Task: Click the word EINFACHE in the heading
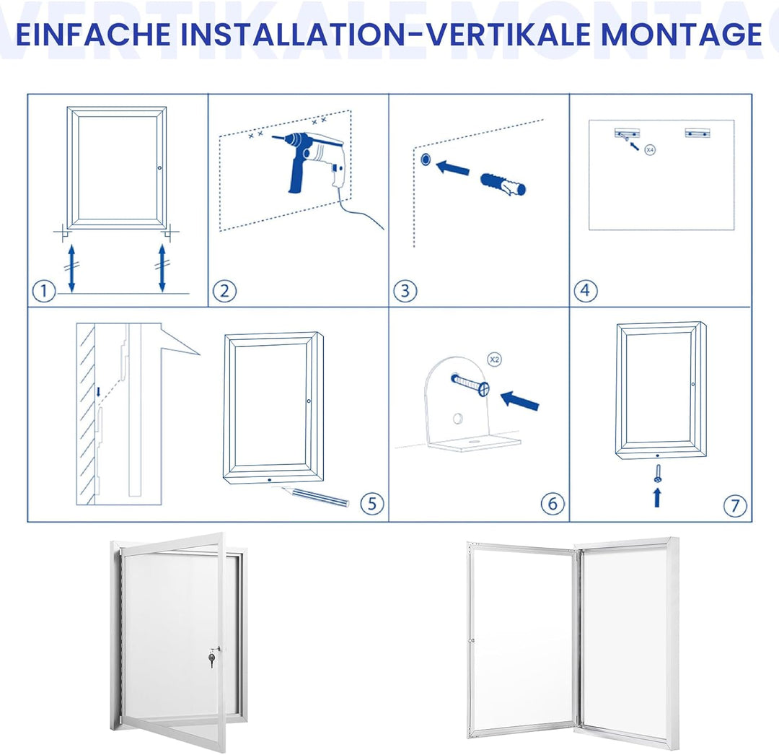click(93, 34)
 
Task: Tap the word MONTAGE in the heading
click(681, 34)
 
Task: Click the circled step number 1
click(44, 291)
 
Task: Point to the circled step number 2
click(224, 291)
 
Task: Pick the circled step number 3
click(405, 291)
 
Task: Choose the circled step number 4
click(586, 291)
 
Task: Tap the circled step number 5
click(372, 504)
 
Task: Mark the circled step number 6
click(553, 504)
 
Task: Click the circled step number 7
click(735, 505)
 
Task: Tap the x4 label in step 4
click(649, 149)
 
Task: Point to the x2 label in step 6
click(494, 359)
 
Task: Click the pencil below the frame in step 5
click(315, 497)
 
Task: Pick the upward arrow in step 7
click(657, 497)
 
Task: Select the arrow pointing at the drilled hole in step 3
click(452, 167)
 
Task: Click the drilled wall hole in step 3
click(426, 160)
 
